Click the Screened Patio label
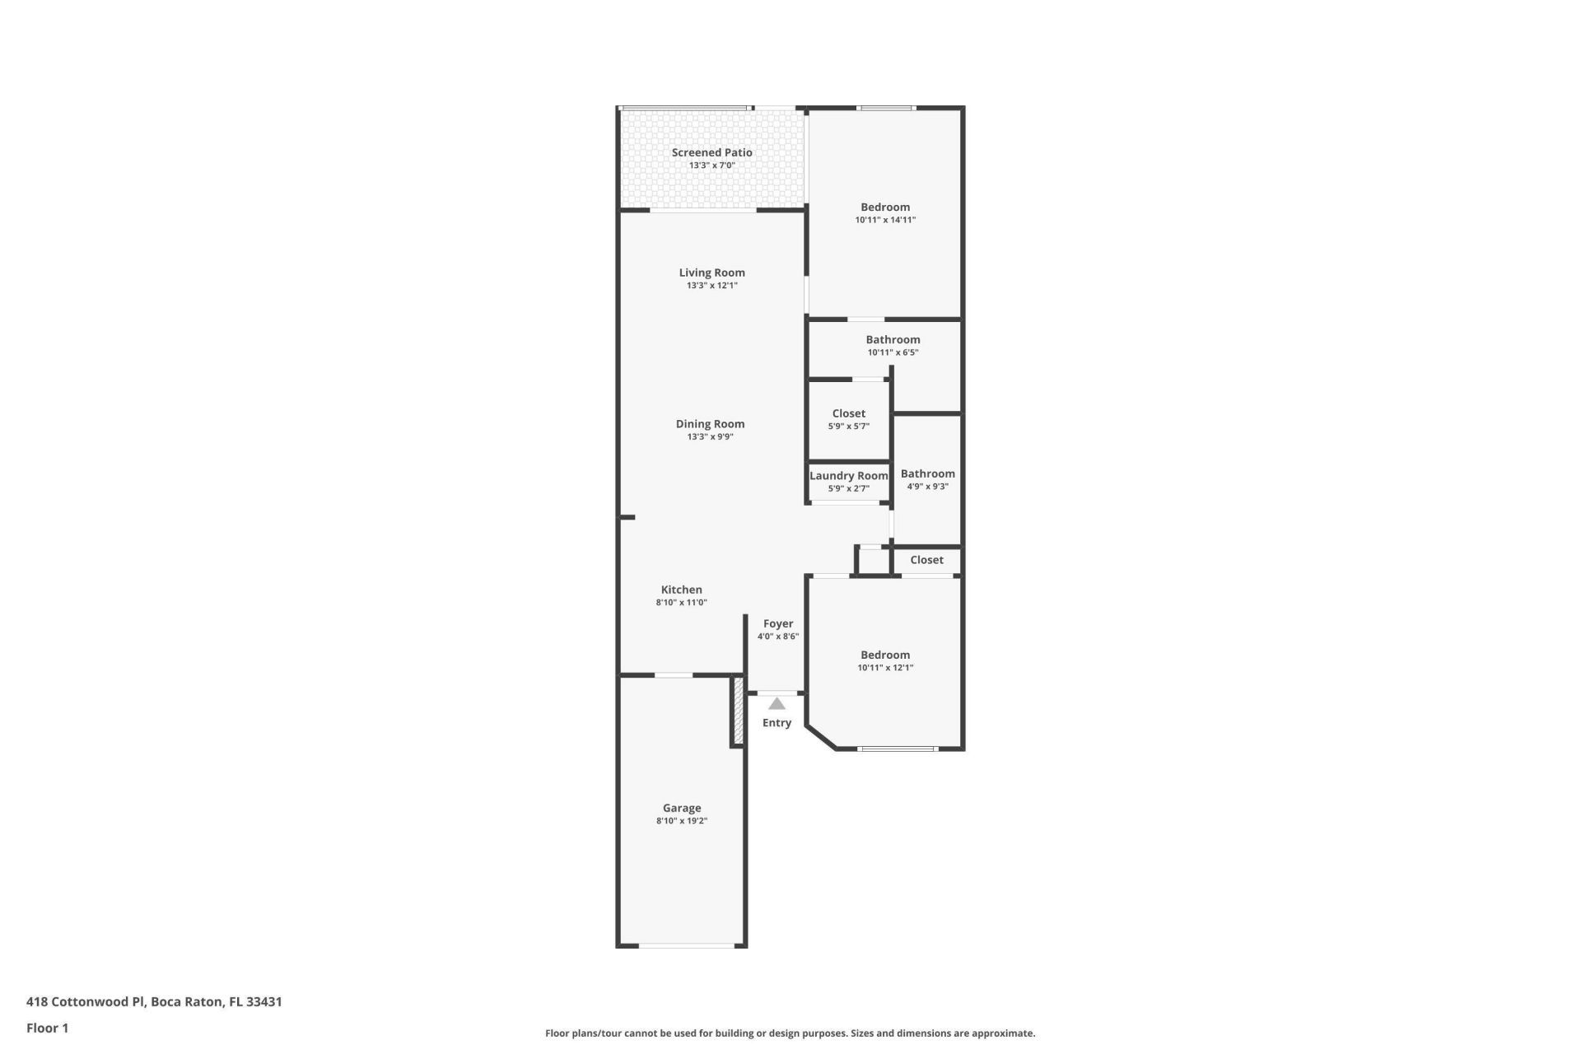click(711, 152)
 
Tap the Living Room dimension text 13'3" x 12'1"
click(711, 286)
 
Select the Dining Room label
click(710, 424)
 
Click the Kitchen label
click(681, 590)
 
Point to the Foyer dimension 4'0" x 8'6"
click(777, 637)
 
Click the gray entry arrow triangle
click(777, 704)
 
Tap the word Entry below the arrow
click(777, 723)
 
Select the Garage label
click(682, 809)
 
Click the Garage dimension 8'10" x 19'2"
click(682, 821)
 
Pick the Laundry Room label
click(848, 476)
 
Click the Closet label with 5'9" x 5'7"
click(848, 414)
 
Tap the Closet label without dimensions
click(926, 560)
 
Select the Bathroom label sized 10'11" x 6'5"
click(893, 340)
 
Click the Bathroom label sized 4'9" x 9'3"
click(927, 473)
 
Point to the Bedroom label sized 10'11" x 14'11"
click(885, 208)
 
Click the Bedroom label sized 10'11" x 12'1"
click(885, 655)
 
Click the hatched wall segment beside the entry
click(739, 710)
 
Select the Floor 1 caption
click(47, 1028)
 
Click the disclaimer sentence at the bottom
click(790, 1033)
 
